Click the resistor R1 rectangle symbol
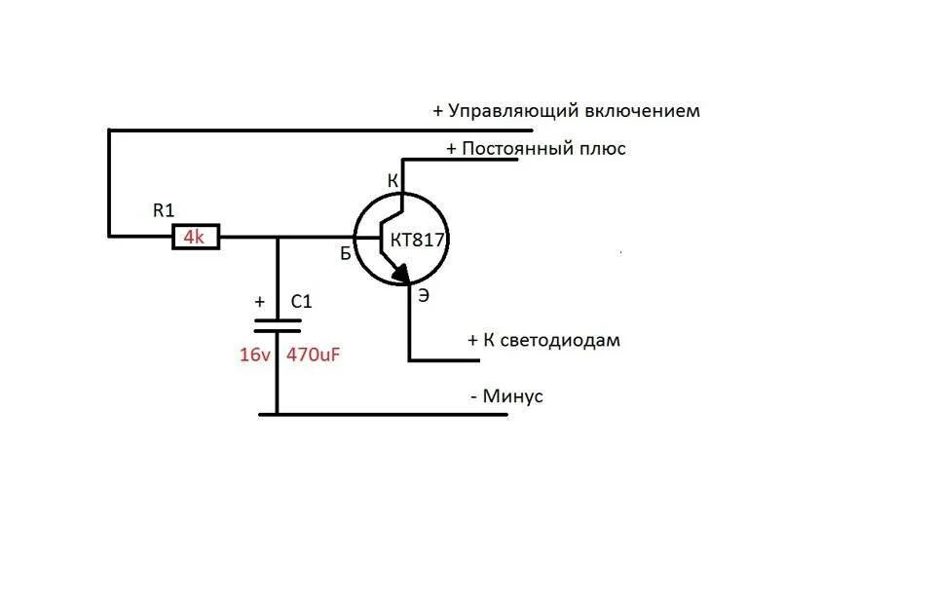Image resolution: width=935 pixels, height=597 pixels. (x=196, y=237)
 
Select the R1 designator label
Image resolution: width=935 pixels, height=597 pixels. (x=164, y=208)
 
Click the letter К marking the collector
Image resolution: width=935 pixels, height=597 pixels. (x=393, y=181)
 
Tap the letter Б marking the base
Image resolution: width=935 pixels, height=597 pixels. (x=345, y=254)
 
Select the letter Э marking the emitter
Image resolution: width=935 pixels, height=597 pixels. (x=424, y=295)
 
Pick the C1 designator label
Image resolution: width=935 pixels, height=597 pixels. (x=302, y=302)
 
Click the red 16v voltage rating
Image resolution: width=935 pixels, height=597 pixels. (x=254, y=355)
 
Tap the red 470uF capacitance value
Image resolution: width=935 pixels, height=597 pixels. (x=314, y=355)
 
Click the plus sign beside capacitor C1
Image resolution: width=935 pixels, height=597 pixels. (x=259, y=302)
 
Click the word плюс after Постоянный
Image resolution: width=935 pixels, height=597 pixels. (x=600, y=149)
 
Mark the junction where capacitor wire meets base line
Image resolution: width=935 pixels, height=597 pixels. (x=278, y=237)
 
